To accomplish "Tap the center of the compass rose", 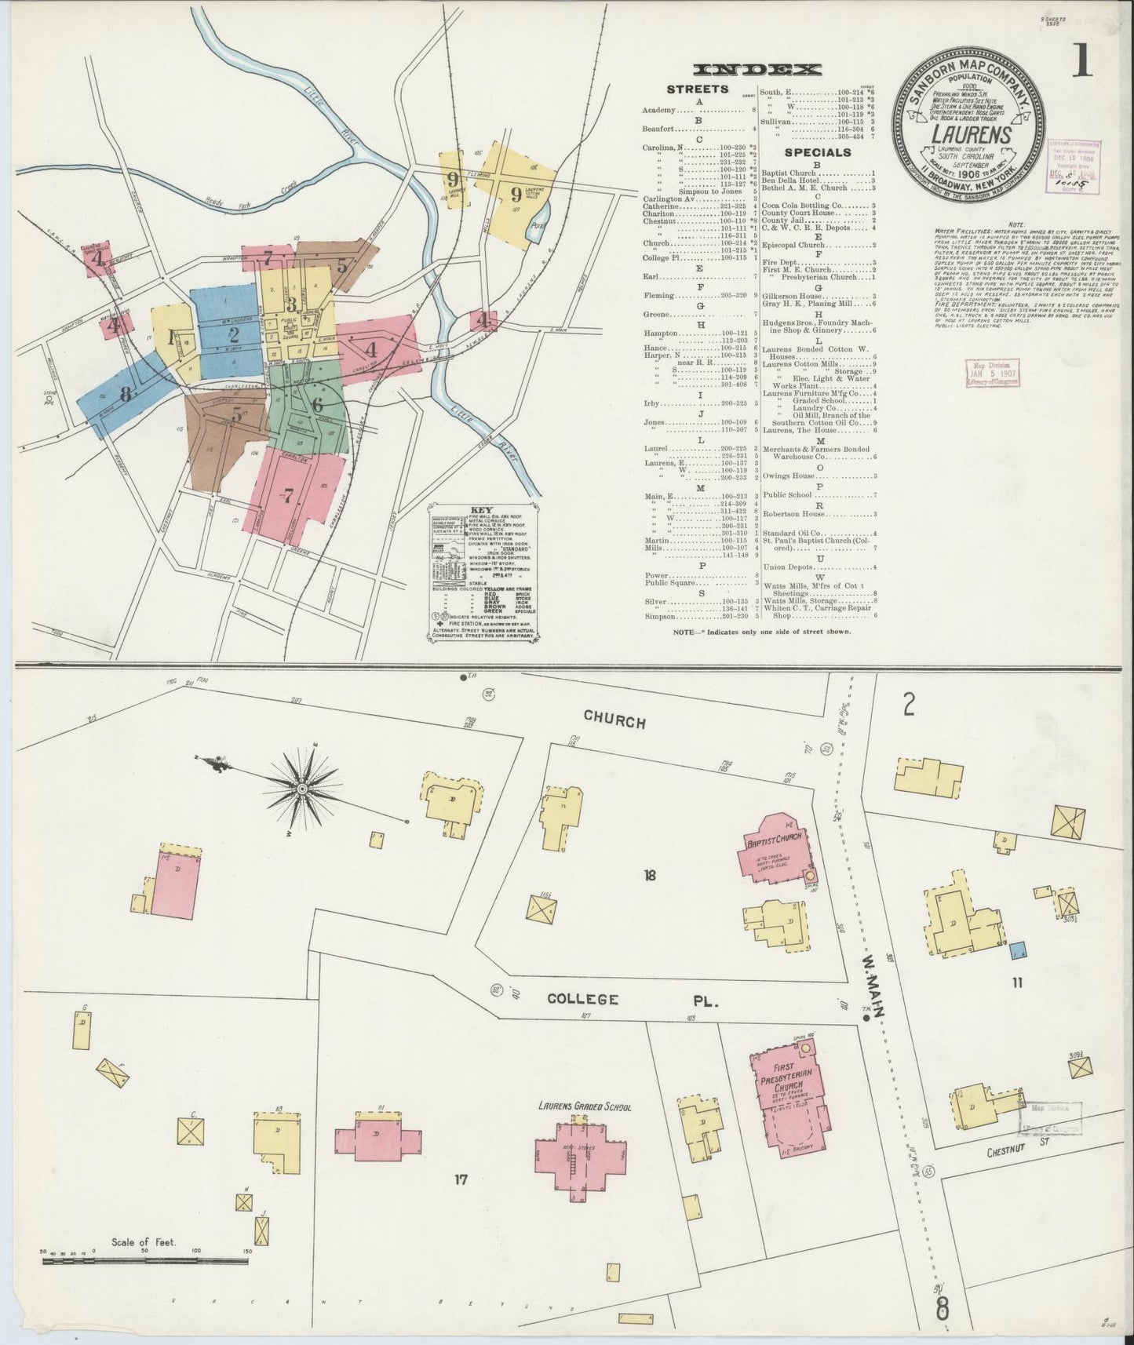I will coord(302,786).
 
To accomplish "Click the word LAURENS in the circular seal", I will coord(970,132).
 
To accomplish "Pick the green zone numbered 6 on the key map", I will coord(317,406).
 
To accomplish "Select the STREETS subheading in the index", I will coord(697,89).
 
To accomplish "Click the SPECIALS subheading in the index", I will coord(819,152).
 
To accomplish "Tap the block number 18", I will coord(649,876).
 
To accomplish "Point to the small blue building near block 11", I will coord(1018,950).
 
